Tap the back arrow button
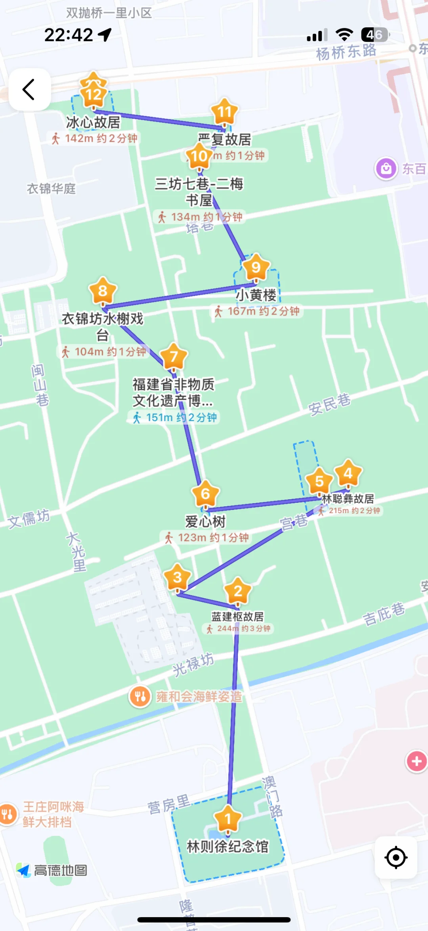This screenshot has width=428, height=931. point(29,89)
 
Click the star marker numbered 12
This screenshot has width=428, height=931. point(94,93)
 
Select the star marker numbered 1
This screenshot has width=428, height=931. point(227,818)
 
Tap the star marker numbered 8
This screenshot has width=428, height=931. point(103,291)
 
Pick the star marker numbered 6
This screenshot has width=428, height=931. point(205,494)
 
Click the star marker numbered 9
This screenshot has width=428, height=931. point(256,268)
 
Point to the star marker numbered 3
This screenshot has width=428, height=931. point(178,577)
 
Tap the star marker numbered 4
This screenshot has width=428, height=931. point(348,473)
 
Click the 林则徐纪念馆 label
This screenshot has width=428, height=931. point(227,847)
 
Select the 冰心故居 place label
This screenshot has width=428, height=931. point(93,123)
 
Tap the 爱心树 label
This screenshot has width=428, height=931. point(205,521)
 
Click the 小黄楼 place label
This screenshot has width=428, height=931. point(256,295)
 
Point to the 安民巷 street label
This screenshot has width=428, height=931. point(329,404)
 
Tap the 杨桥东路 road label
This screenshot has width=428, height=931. point(346,52)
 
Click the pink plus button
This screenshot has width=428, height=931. point(417,761)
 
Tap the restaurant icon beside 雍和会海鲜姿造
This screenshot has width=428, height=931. point(140,696)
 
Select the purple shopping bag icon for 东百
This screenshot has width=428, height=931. point(386,169)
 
